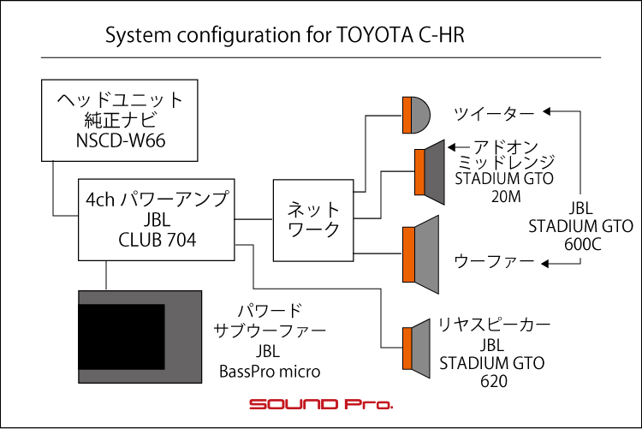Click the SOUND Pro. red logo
[x=321, y=404]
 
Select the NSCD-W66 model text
[x=121, y=140]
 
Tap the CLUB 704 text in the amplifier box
[x=158, y=240]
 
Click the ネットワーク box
[x=313, y=220]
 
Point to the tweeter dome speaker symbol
[x=416, y=115]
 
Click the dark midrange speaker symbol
[x=430, y=172]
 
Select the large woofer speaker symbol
[x=420, y=254]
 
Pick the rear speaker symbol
[x=416, y=349]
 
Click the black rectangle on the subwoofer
[x=122, y=337]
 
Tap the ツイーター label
[x=494, y=114]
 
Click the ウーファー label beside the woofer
[x=494, y=261]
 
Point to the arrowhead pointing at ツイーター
[x=546, y=111]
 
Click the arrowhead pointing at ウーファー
[x=544, y=264]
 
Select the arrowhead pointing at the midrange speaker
[x=452, y=147]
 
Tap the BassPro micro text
[x=270, y=372]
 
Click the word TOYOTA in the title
[x=375, y=35]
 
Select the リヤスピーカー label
[x=494, y=325]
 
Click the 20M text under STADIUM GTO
[x=506, y=197]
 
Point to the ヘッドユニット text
[x=120, y=100]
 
